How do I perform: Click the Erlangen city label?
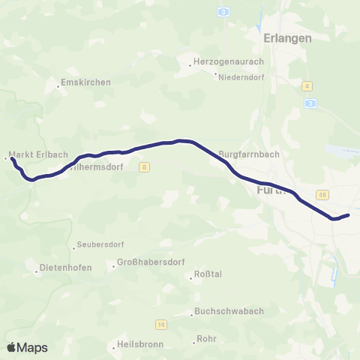287,37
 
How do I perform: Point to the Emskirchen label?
85,82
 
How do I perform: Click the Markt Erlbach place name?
30,157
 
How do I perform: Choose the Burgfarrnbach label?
249,155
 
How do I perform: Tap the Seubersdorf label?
101,245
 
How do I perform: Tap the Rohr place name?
205,339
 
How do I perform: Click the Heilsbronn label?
140,345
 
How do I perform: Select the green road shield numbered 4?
307,86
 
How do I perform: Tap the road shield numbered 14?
160,324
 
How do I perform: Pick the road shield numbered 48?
323,195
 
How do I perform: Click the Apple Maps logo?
27,347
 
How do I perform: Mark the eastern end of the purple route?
349,215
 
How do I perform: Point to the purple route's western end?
13,159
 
